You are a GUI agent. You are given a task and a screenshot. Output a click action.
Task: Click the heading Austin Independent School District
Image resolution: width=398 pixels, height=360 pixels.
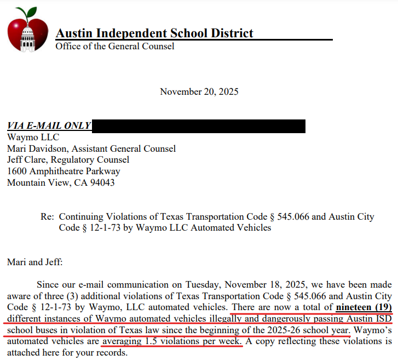154,33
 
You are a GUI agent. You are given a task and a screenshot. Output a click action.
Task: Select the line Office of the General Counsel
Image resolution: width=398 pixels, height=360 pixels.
115,46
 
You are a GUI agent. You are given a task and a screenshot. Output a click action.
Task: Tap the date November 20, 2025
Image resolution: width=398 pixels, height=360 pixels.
199,92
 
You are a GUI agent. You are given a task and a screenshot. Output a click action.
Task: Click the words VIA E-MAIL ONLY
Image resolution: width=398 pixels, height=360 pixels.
49,125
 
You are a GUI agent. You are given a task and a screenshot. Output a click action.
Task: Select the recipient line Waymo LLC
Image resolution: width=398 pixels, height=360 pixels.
33,137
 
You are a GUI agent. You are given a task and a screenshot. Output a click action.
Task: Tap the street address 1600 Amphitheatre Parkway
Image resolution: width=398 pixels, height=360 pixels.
64,172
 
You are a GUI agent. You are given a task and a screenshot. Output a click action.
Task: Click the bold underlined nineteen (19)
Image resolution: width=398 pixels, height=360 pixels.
364,307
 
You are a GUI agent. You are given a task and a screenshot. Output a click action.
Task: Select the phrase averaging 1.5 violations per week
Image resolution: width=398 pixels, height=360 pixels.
172,341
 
